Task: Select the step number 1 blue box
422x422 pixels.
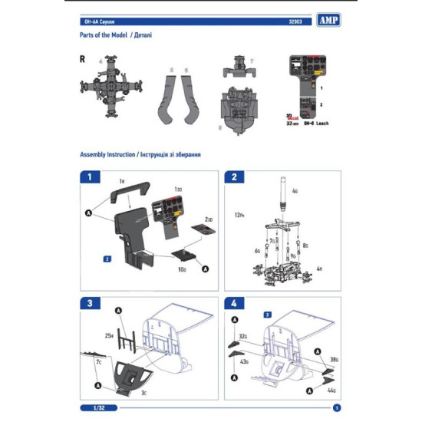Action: (x=91, y=177)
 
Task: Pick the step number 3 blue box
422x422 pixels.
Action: (x=91, y=304)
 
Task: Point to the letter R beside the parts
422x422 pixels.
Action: (x=81, y=59)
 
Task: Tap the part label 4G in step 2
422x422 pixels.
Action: (x=295, y=190)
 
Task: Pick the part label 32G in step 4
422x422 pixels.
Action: (x=242, y=336)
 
